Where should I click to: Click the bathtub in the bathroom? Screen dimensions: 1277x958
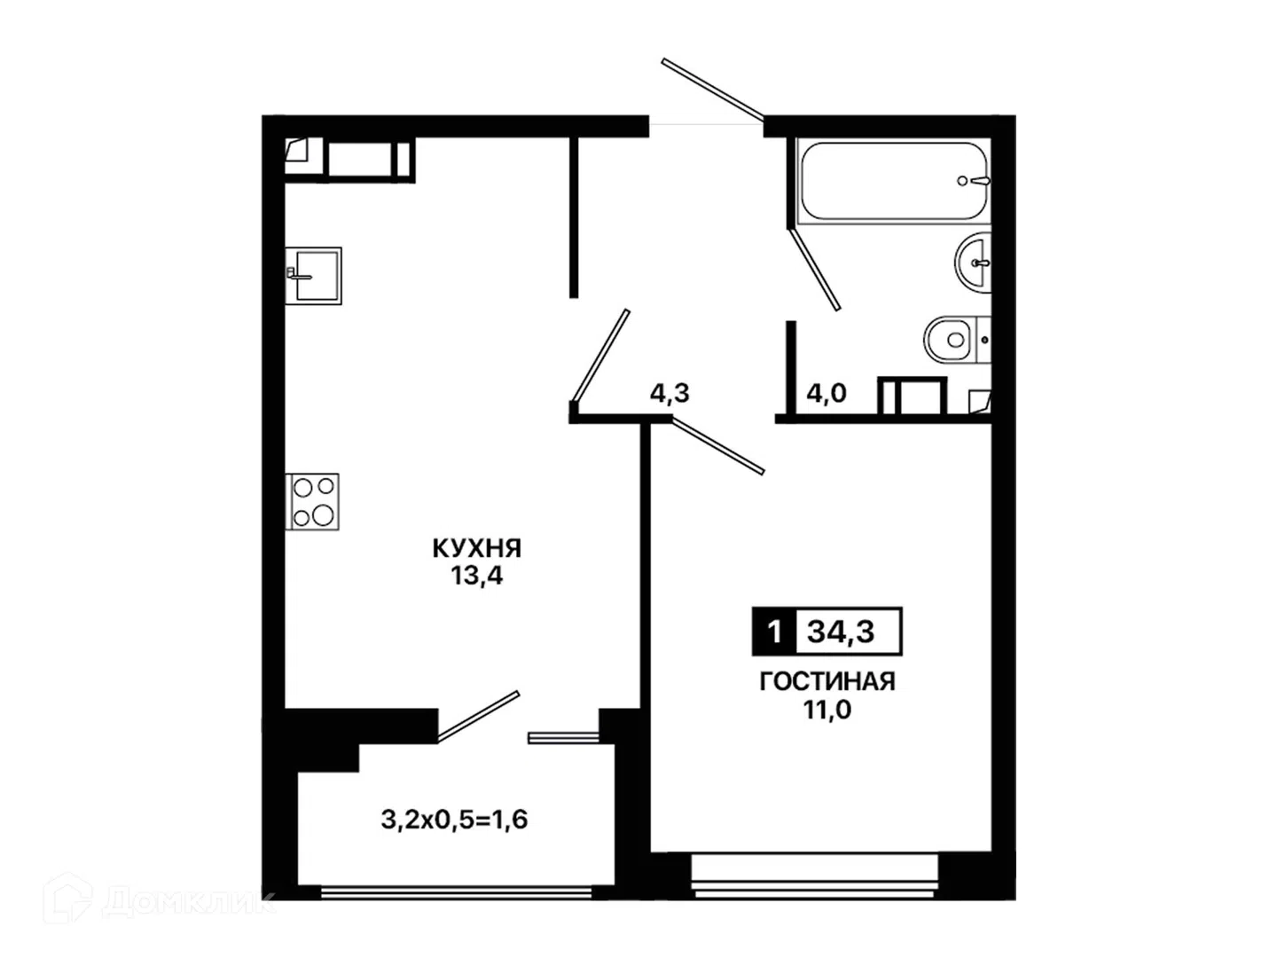[x=892, y=181]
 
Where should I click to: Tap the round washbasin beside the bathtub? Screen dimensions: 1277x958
[x=973, y=263]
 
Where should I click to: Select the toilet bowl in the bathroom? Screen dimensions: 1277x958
[x=956, y=340]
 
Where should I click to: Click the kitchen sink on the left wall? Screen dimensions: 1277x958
[x=313, y=276]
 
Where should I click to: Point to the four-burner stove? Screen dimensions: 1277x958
[x=312, y=501]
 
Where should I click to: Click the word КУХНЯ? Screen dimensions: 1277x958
[x=477, y=548]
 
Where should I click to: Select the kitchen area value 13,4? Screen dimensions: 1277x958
[x=476, y=576]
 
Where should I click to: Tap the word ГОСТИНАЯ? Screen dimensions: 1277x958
[x=827, y=681]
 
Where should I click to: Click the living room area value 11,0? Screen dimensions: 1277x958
[x=827, y=710]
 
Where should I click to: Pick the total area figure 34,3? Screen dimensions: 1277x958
[x=841, y=631]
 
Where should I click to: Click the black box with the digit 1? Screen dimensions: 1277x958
[x=774, y=631]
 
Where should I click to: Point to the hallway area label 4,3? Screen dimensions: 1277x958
[x=670, y=394]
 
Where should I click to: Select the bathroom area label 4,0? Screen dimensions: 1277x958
[x=827, y=394]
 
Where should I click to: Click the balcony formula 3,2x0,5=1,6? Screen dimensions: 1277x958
[x=454, y=820]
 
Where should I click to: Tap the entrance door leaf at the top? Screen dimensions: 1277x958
[x=713, y=89]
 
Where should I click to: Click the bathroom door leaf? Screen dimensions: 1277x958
[x=814, y=270]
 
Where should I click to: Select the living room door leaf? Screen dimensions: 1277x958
[x=718, y=445]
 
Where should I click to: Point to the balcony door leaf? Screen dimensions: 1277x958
[x=478, y=717]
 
